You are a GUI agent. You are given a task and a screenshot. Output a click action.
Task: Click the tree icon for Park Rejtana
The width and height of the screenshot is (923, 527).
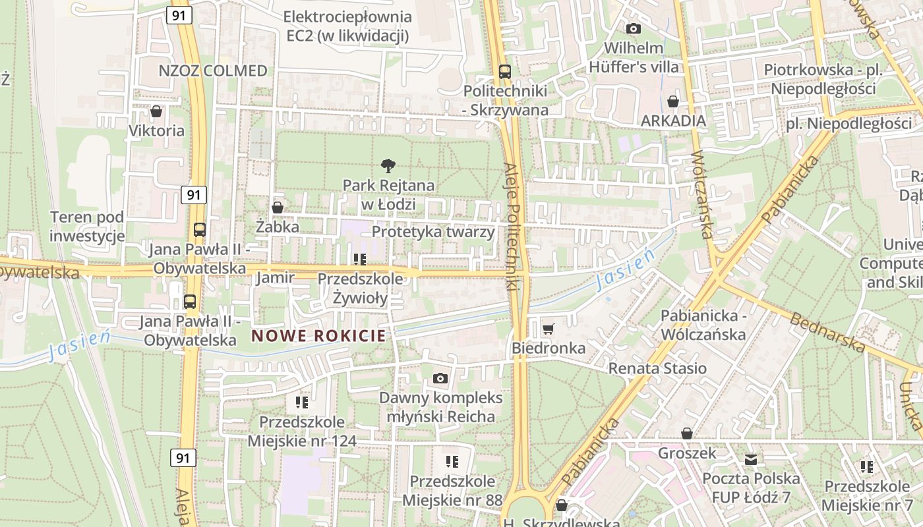pos(388,166)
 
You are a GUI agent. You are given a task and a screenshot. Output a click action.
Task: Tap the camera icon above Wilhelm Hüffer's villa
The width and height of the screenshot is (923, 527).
pos(634,28)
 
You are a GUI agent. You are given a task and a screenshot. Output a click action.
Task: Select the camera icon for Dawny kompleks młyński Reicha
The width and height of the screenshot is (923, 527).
pos(440,378)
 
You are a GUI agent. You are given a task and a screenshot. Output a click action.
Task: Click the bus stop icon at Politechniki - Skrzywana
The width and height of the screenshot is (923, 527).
pos(505,71)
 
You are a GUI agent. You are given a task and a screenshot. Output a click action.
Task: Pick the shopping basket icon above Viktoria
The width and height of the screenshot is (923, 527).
pos(156,111)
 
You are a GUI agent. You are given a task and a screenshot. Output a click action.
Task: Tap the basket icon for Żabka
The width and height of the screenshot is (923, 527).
pos(278,208)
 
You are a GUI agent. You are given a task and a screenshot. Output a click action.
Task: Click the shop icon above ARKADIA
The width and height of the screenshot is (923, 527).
pos(673,101)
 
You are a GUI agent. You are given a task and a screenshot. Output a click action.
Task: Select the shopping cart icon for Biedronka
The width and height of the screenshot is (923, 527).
pos(548,328)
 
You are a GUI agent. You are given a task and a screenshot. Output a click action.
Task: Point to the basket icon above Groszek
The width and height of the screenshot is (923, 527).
pos(687,433)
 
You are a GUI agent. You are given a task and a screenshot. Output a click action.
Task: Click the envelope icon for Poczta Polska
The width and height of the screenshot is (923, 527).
pos(751,459)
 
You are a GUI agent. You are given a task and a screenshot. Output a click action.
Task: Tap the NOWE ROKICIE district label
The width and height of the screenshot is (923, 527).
pos(318,335)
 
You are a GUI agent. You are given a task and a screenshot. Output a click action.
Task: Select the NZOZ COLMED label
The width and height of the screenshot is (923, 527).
pos(213,71)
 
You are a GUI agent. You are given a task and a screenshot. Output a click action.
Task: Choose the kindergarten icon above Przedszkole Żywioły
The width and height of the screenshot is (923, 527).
pos(360,259)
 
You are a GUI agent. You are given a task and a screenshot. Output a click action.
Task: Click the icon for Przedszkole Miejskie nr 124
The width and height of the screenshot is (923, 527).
pos(302,402)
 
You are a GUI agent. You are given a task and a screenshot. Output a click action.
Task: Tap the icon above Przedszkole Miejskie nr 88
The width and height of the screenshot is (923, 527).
pos(452,461)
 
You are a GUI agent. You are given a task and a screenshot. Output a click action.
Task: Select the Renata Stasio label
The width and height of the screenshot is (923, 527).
pos(657,368)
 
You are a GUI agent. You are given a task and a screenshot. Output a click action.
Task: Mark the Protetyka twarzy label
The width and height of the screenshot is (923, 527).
pos(433,232)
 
